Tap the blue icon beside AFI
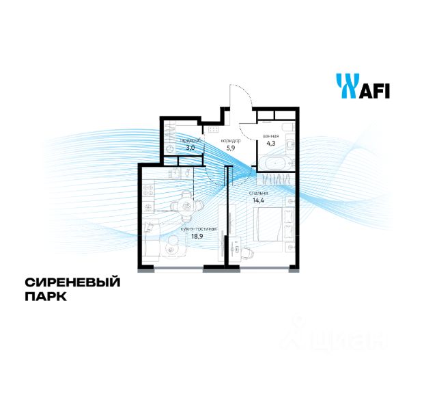tap(346, 87)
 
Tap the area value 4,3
tap(270, 143)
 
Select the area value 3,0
tap(188, 147)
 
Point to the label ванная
tap(271, 135)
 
